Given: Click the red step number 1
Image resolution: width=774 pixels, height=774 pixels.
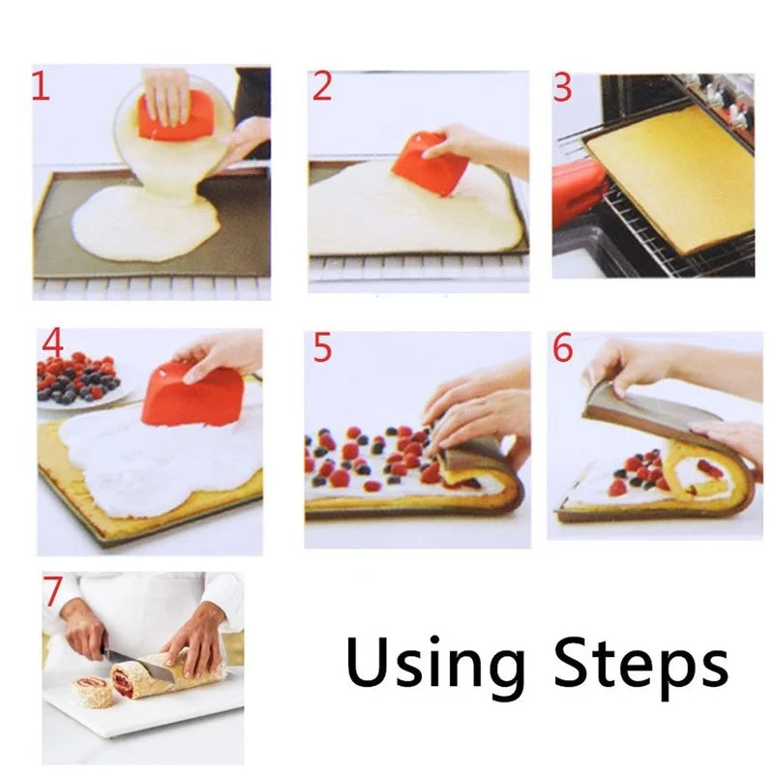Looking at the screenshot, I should tap(40, 87).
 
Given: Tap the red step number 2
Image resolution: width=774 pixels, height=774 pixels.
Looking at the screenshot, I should tap(322, 87).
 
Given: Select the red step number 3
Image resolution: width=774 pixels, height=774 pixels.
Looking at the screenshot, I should tap(563, 87).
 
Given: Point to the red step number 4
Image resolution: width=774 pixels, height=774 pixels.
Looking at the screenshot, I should tap(52, 344).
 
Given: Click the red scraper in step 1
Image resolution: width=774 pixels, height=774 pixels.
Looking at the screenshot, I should tap(176, 118).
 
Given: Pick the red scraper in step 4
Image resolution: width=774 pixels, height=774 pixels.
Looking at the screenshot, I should tap(193, 395).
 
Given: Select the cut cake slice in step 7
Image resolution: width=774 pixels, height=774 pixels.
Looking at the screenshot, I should tap(92, 690).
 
